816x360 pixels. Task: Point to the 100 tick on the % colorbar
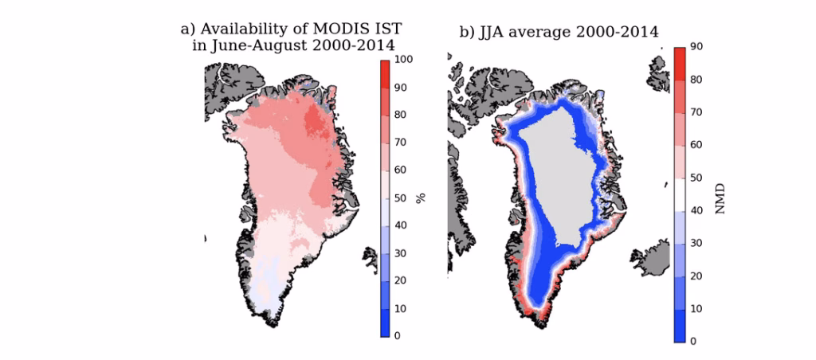(x=402, y=60)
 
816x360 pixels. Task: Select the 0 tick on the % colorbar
(x=397, y=335)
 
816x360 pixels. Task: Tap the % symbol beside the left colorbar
(x=421, y=197)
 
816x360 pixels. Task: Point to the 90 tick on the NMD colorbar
(x=696, y=48)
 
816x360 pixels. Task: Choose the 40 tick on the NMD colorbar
(x=696, y=211)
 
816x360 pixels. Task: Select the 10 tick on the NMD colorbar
(x=696, y=308)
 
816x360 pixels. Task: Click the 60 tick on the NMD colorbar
(x=696, y=146)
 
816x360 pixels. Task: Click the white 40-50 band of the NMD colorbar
(x=679, y=194)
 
